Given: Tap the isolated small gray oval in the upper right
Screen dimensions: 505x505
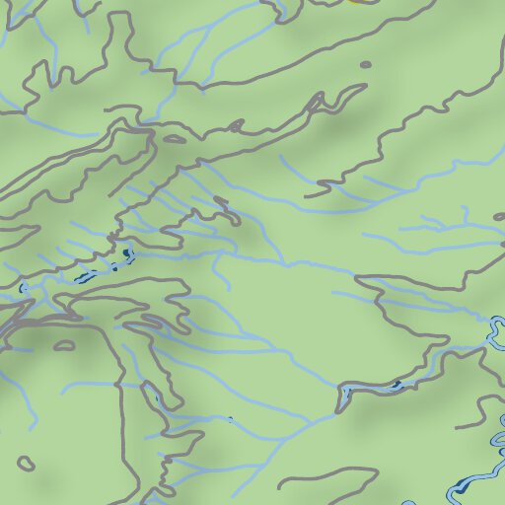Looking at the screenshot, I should pos(366,65).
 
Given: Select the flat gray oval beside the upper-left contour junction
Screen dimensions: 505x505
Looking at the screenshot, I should pos(174,139).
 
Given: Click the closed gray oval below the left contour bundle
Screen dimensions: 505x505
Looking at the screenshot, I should pos(65,346).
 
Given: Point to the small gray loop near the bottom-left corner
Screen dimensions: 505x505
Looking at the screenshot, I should pos(26,462).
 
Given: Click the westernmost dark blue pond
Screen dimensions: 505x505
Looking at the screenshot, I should pos(22,289).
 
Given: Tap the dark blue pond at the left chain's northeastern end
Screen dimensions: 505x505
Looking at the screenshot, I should pos(128,254).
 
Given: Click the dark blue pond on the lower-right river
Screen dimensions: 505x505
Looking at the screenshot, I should pos(397,384).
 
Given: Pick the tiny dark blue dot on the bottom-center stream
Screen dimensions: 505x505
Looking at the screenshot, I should pos(231,419).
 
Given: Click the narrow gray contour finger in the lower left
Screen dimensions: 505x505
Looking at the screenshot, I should pos(151,395).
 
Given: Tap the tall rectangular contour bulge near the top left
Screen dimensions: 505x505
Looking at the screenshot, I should pos(120,39).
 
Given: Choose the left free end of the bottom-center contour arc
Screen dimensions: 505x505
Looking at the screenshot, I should pos(281,485).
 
